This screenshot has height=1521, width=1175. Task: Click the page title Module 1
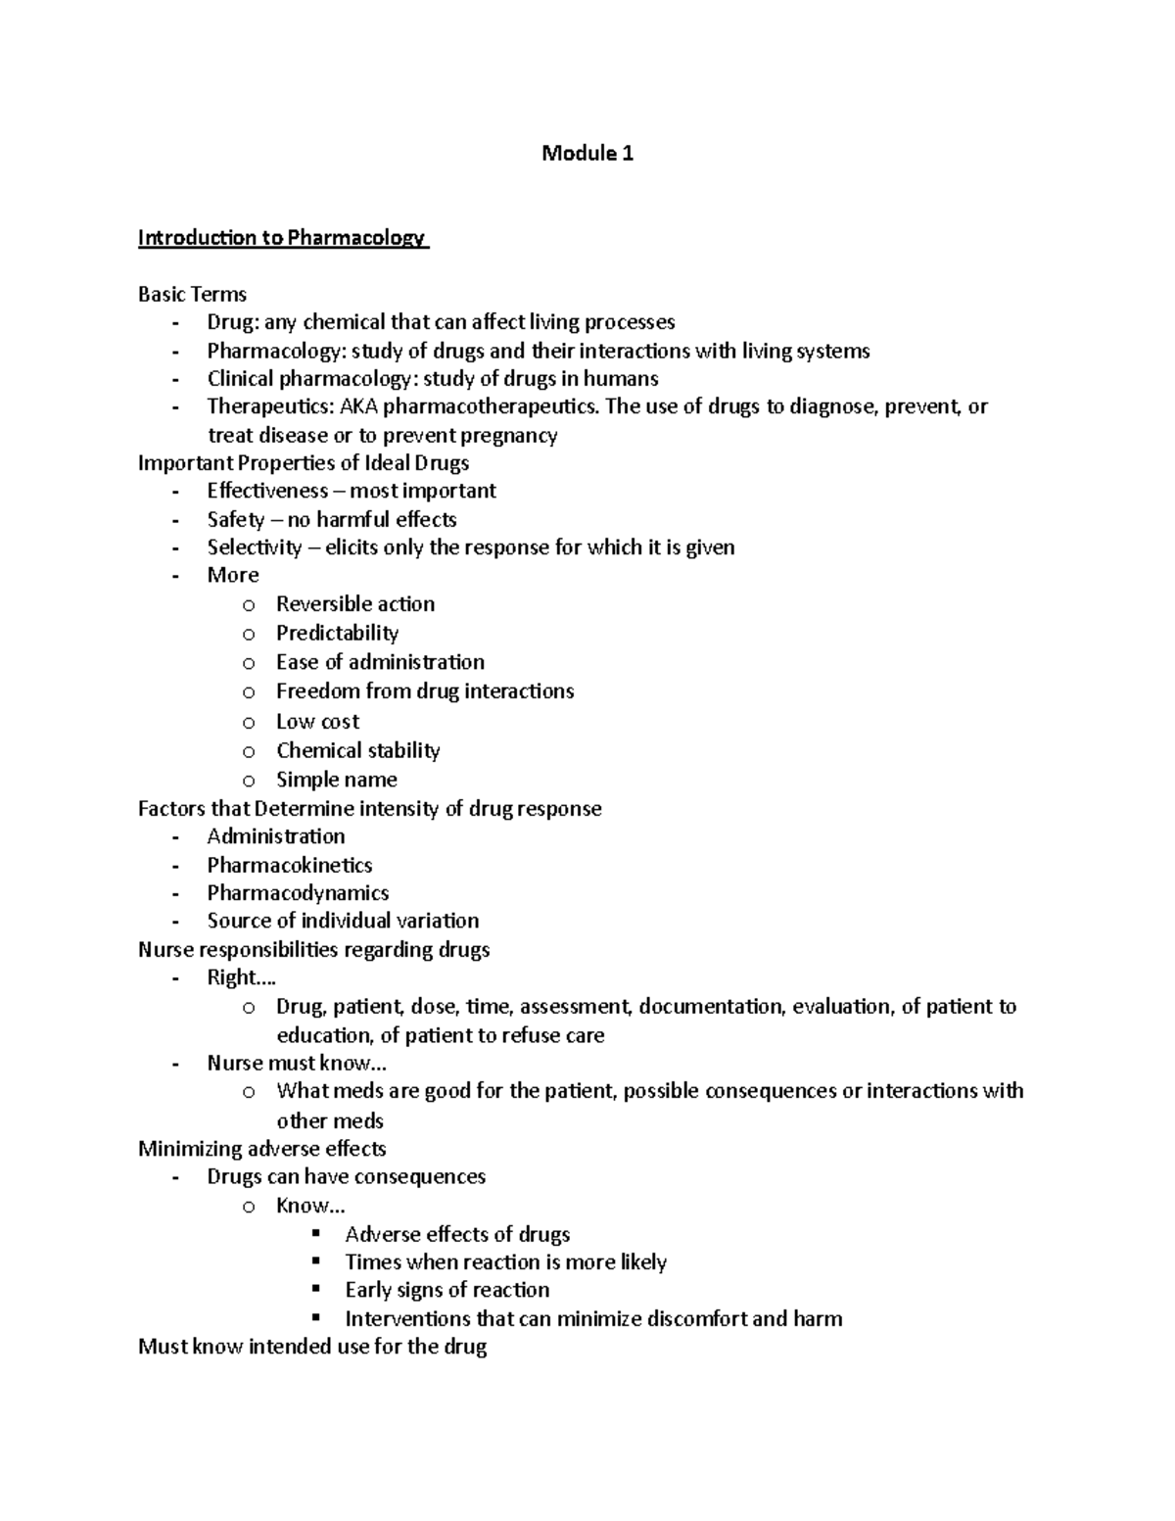click(587, 154)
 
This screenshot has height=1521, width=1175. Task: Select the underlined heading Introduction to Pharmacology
click(282, 238)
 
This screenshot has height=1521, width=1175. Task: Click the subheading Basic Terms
click(192, 294)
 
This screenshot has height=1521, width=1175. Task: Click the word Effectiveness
click(267, 491)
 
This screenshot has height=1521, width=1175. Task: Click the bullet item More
click(233, 575)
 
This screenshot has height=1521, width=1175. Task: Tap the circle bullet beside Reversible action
click(249, 605)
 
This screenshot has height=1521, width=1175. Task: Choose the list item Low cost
click(317, 722)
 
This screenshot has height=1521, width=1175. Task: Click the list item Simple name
click(336, 780)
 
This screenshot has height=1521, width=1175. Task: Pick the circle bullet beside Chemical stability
click(249, 752)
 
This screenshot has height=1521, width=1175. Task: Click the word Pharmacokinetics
click(290, 865)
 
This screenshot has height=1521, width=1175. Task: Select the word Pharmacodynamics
click(298, 893)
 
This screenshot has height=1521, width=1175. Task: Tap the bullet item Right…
click(241, 977)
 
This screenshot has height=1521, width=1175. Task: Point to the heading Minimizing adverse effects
click(261, 1148)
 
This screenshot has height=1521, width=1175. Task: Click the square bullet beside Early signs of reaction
click(316, 1289)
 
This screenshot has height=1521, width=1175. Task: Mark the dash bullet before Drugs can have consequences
click(175, 1177)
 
